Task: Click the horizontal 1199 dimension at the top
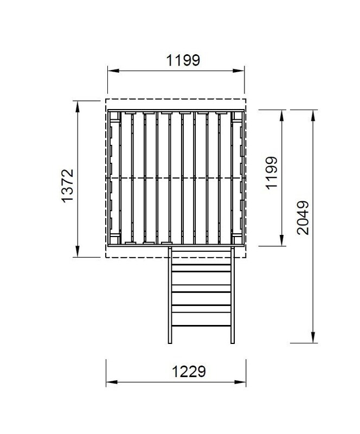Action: point(183,60)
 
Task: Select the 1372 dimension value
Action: point(68,186)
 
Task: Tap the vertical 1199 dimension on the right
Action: point(271,173)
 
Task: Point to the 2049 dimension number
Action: point(303,218)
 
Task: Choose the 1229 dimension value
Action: point(189,372)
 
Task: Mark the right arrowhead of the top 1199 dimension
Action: point(239,71)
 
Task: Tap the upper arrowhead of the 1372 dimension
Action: point(78,106)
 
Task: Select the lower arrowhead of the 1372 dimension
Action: point(78,251)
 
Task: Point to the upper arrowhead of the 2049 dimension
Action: point(313,116)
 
